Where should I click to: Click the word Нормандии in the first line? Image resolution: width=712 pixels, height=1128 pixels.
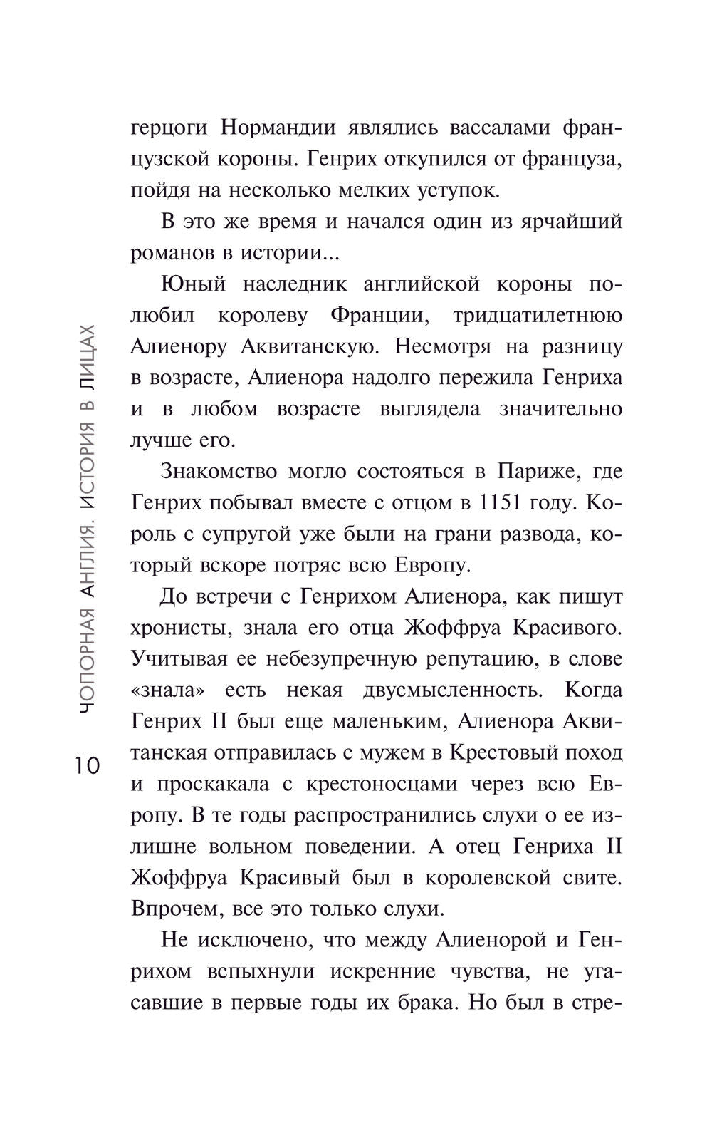click(x=273, y=128)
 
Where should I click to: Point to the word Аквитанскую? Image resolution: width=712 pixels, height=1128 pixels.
click(x=308, y=346)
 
